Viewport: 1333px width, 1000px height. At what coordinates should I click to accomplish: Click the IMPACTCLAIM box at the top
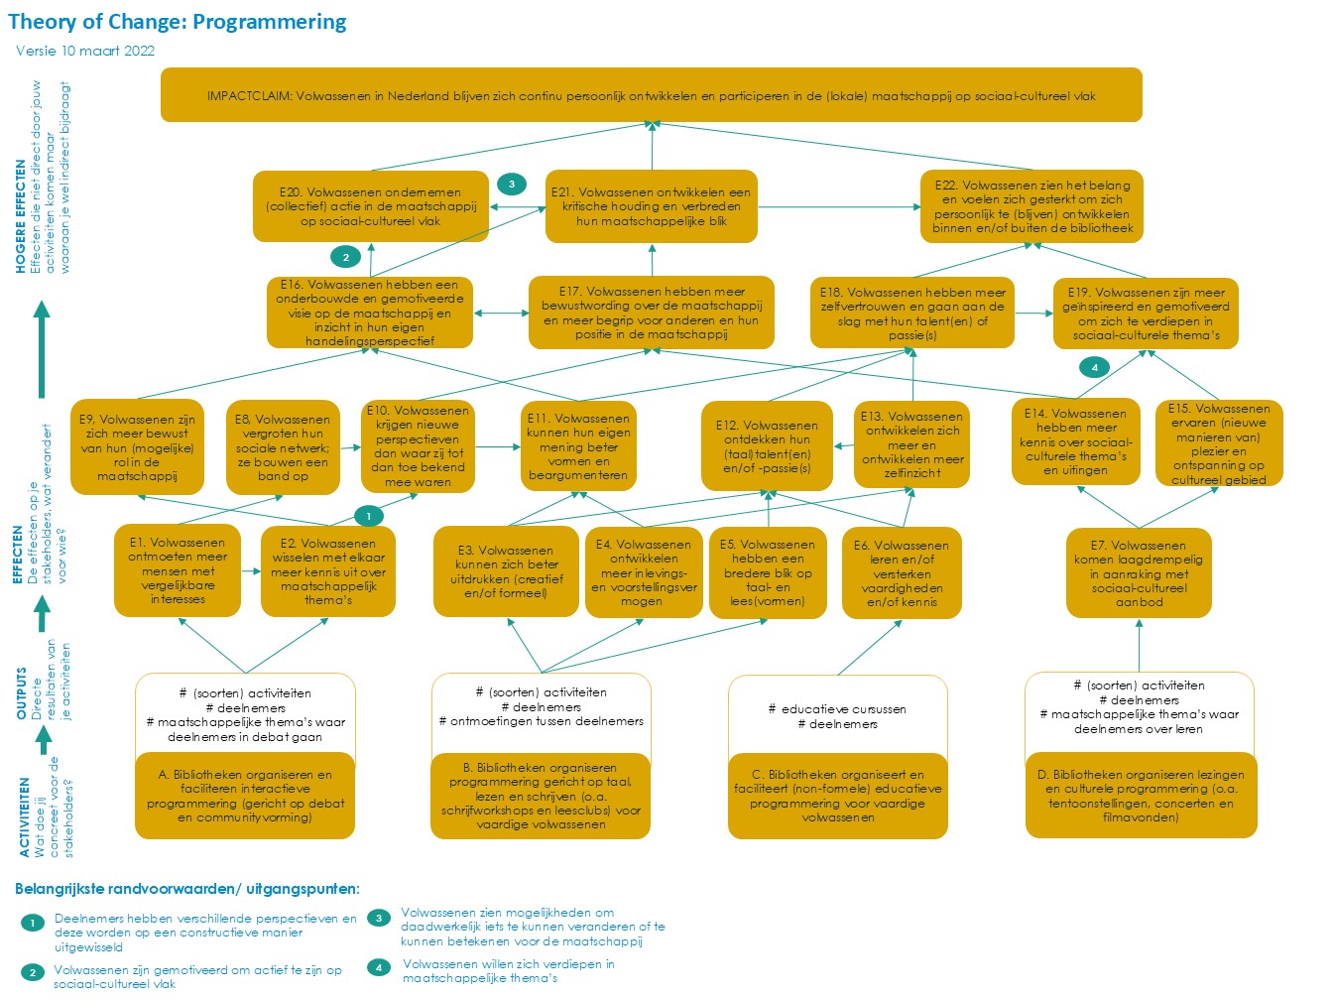click(x=651, y=95)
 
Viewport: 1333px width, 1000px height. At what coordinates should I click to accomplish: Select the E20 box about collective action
click(x=371, y=206)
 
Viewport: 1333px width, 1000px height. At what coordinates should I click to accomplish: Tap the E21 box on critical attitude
click(x=652, y=206)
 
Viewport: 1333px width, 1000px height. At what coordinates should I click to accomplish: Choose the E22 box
click(x=1031, y=206)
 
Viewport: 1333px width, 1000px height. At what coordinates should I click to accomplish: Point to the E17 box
click(x=652, y=312)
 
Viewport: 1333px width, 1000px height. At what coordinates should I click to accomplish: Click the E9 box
click(x=137, y=447)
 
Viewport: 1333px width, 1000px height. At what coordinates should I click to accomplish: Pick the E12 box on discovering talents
click(x=767, y=446)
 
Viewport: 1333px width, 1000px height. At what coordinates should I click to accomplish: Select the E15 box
click(x=1219, y=443)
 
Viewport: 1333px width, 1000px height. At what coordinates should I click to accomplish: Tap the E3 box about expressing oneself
click(x=506, y=571)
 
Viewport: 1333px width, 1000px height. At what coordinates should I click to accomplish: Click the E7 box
click(x=1139, y=573)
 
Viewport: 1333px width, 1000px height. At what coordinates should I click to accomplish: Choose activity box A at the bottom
click(x=246, y=796)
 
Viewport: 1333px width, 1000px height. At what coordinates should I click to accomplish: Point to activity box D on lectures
click(x=1139, y=796)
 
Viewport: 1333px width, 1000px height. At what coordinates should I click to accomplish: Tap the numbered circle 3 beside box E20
click(x=512, y=184)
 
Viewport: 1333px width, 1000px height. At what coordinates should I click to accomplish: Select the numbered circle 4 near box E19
click(x=1094, y=367)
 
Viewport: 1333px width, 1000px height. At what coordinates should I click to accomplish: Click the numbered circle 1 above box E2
click(x=368, y=516)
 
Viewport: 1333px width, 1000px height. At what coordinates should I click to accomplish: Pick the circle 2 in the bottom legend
click(x=33, y=972)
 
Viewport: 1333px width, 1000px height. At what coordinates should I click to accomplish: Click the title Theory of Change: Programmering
click(x=178, y=22)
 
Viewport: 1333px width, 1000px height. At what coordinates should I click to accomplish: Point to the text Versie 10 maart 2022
click(x=85, y=51)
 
